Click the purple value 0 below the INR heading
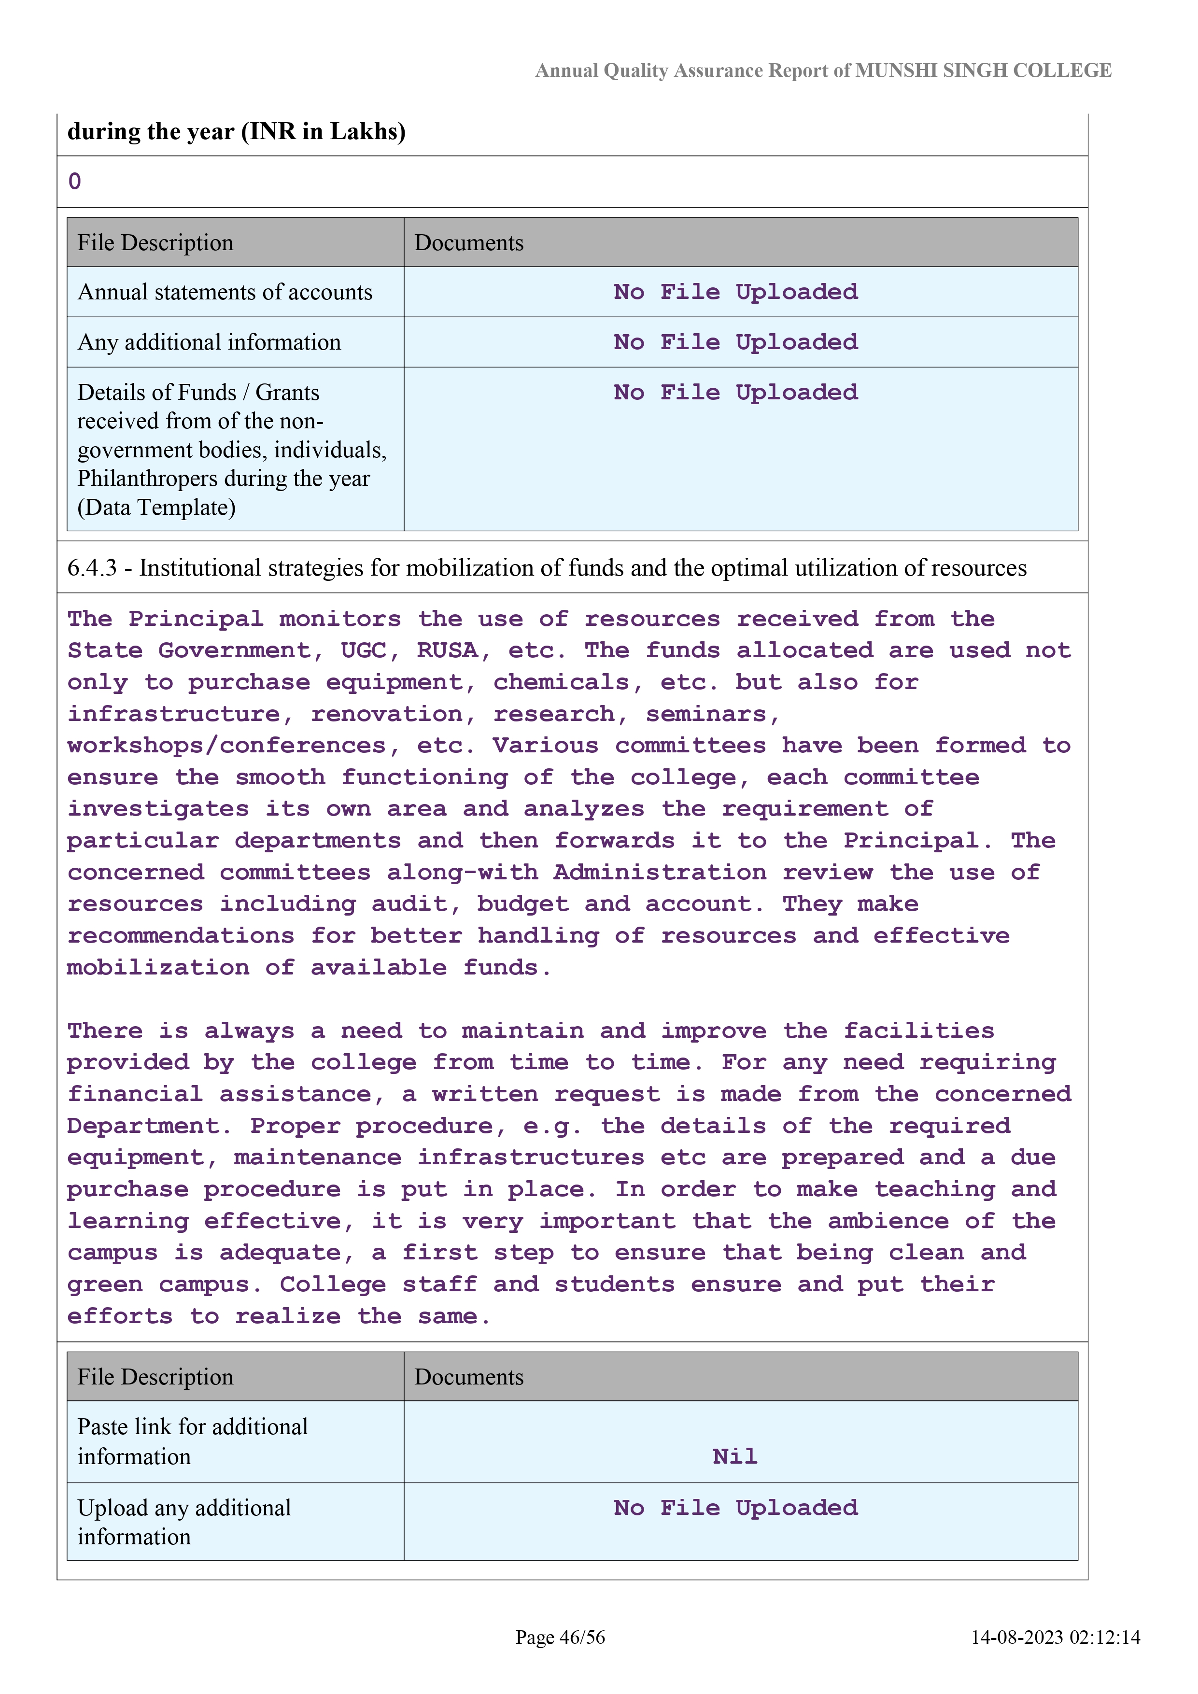click(x=74, y=182)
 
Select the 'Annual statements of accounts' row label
click(x=225, y=292)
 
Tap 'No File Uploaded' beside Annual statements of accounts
click(x=735, y=292)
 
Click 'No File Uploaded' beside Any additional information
click(x=735, y=342)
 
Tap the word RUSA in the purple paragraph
click(x=447, y=651)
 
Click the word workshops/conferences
click(x=226, y=746)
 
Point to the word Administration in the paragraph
click(x=660, y=873)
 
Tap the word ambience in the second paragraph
click(x=888, y=1222)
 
